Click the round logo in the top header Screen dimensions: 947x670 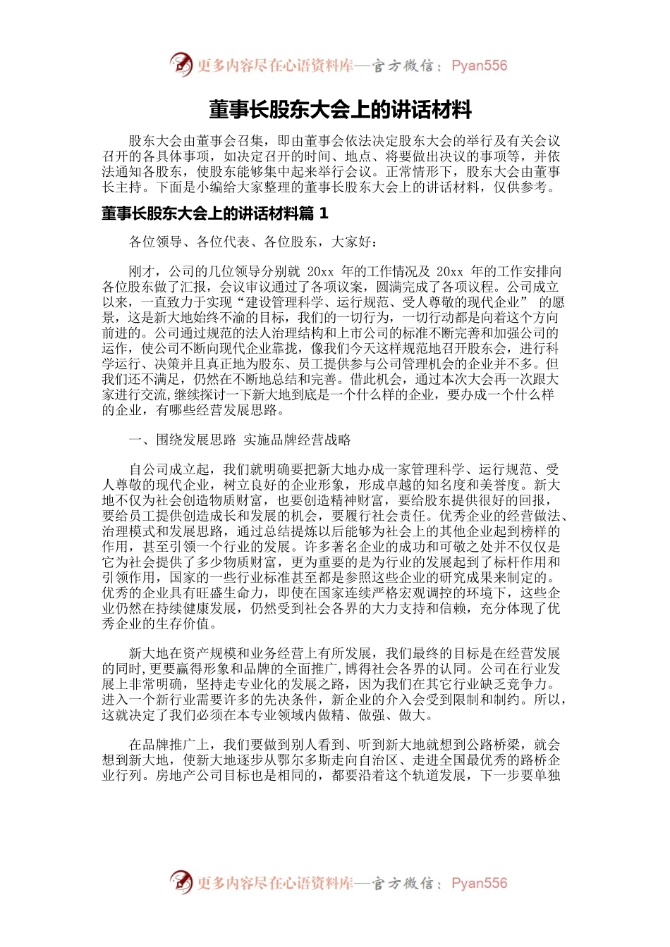(x=181, y=65)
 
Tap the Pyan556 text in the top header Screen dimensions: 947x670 (x=479, y=66)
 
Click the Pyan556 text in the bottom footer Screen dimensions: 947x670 (x=479, y=883)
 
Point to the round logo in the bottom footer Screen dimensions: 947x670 (x=181, y=882)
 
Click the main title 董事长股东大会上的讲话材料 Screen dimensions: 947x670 (x=340, y=110)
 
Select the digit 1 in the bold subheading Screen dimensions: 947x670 (x=324, y=213)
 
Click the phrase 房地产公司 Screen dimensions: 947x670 (x=189, y=776)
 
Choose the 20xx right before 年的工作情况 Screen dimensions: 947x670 (x=320, y=271)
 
